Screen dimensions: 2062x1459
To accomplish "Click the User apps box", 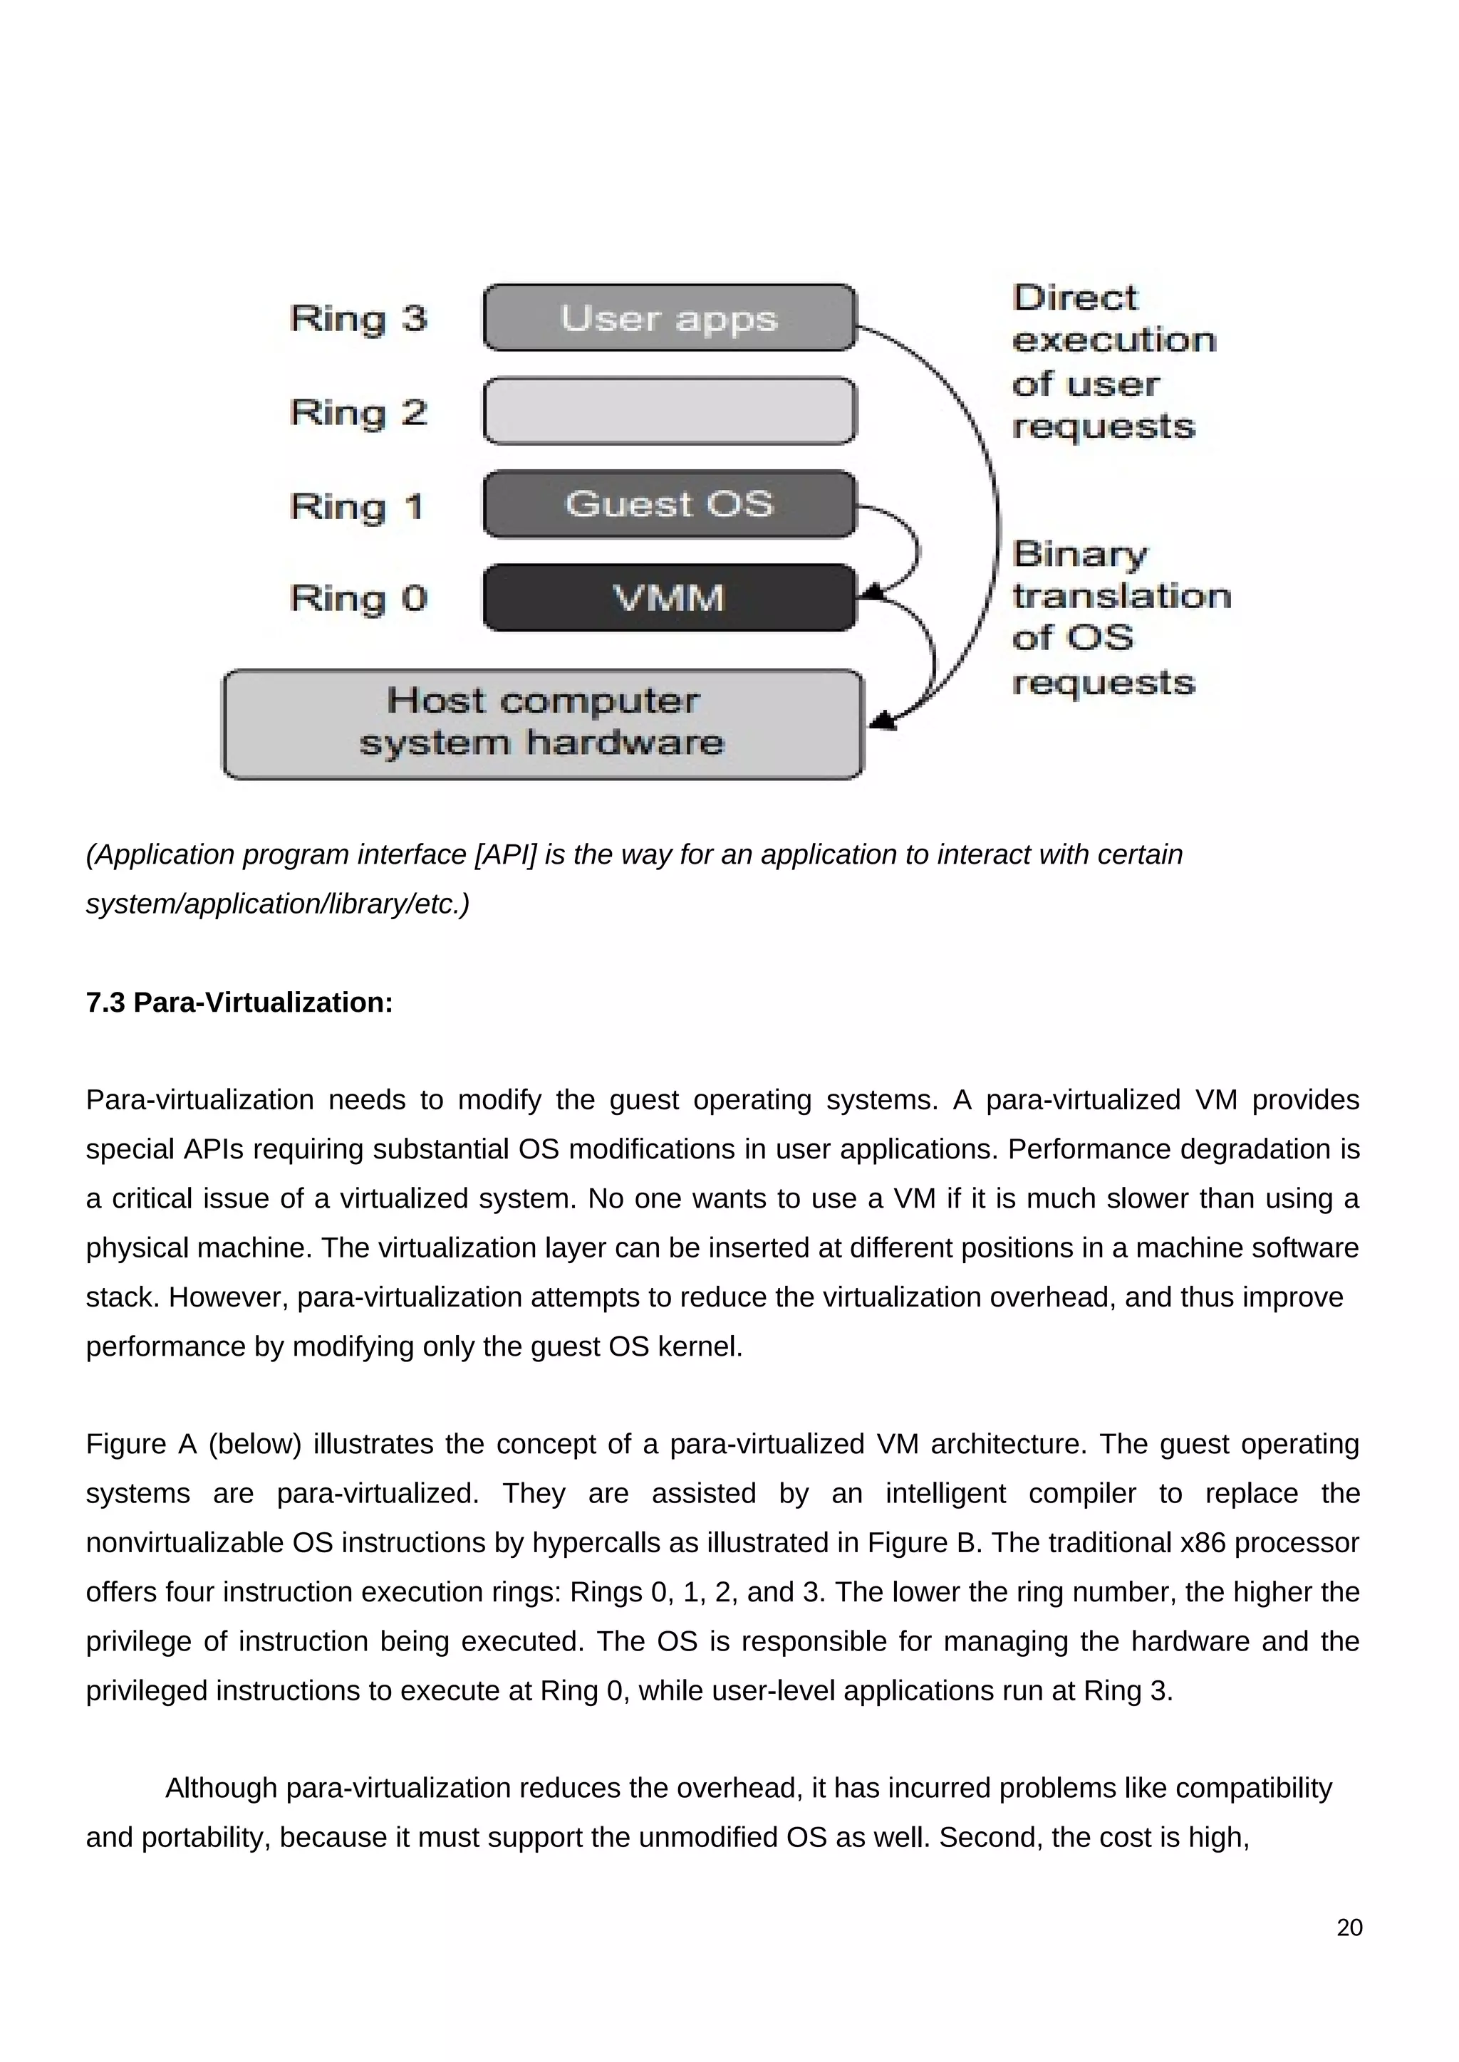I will pyautogui.click(x=670, y=318).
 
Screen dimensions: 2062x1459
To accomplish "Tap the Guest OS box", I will pyautogui.click(x=670, y=504).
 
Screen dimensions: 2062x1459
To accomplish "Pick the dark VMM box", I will pyautogui.click(x=670, y=597).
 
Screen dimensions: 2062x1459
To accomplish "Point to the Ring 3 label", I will pyautogui.click(x=358, y=319).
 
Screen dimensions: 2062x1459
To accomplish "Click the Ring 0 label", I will pyautogui.click(x=358, y=598).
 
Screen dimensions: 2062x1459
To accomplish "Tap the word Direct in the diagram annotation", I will pyautogui.click(x=1074, y=298).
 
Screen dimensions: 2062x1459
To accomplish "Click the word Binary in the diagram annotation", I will pyautogui.click(x=1080, y=554).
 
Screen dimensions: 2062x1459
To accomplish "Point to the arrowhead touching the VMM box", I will pyautogui.click(x=871, y=592).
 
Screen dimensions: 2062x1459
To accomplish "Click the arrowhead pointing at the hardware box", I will pyautogui.click(x=884, y=721).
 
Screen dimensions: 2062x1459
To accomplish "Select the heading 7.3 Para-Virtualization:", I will pyautogui.click(x=239, y=1003).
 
